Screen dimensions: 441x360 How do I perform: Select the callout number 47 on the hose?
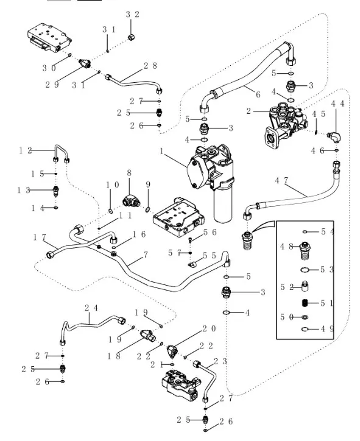(282, 180)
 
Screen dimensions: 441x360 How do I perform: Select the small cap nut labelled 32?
(131, 38)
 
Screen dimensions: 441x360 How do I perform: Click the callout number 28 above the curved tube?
(150, 65)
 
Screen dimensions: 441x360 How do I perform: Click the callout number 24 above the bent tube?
(91, 308)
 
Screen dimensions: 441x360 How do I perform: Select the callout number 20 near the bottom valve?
(209, 328)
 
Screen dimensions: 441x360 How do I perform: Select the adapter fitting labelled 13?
(55, 189)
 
